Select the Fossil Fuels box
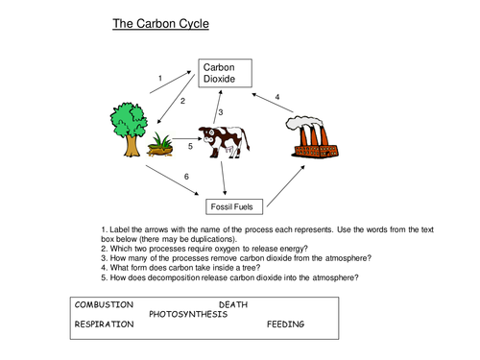coord(233,206)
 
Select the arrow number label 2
coord(182,100)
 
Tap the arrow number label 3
coord(220,113)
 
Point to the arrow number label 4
coord(277,97)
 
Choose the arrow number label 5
coord(189,147)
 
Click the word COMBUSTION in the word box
coord(105,304)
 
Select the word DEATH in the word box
coord(247,304)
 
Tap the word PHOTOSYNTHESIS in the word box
coord(188,314)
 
